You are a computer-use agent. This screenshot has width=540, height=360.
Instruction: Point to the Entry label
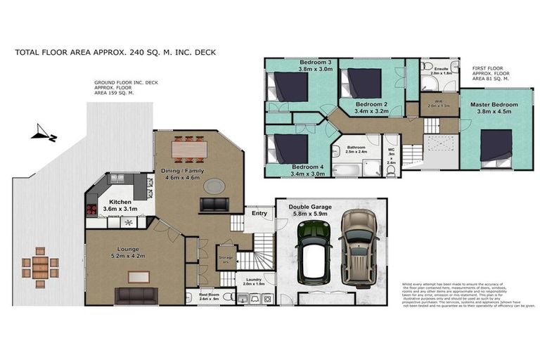[259, 213]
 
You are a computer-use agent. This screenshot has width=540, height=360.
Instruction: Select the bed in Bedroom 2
[364, 83]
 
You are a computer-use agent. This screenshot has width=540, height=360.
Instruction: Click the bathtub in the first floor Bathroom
[347, 169]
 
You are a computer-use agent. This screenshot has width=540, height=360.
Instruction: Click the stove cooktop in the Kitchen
[92, 209]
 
